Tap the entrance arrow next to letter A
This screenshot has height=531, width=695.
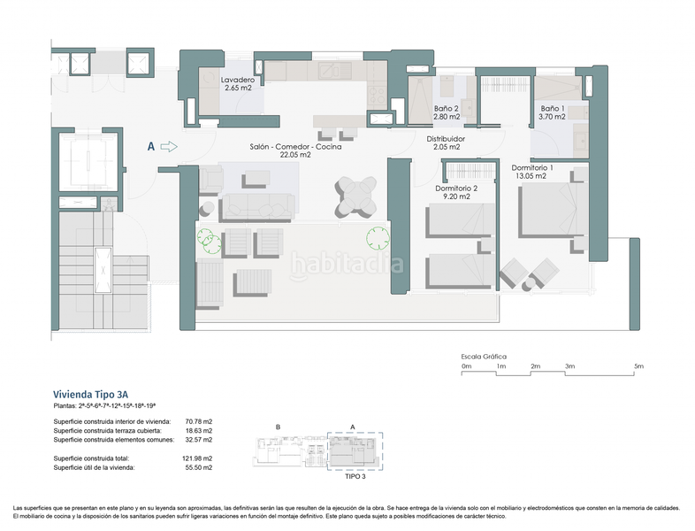pos(170,147)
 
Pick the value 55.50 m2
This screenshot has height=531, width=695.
pos(199,466)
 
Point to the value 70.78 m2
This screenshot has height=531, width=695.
pos(199,421)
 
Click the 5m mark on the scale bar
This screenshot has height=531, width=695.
pos(638,366)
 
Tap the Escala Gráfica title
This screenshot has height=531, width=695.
pos(484,355)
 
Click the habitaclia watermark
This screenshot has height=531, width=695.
pos(347,264)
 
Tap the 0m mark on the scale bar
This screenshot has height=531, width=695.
pos(467,366)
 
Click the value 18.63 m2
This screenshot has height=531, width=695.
pos(199,430)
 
